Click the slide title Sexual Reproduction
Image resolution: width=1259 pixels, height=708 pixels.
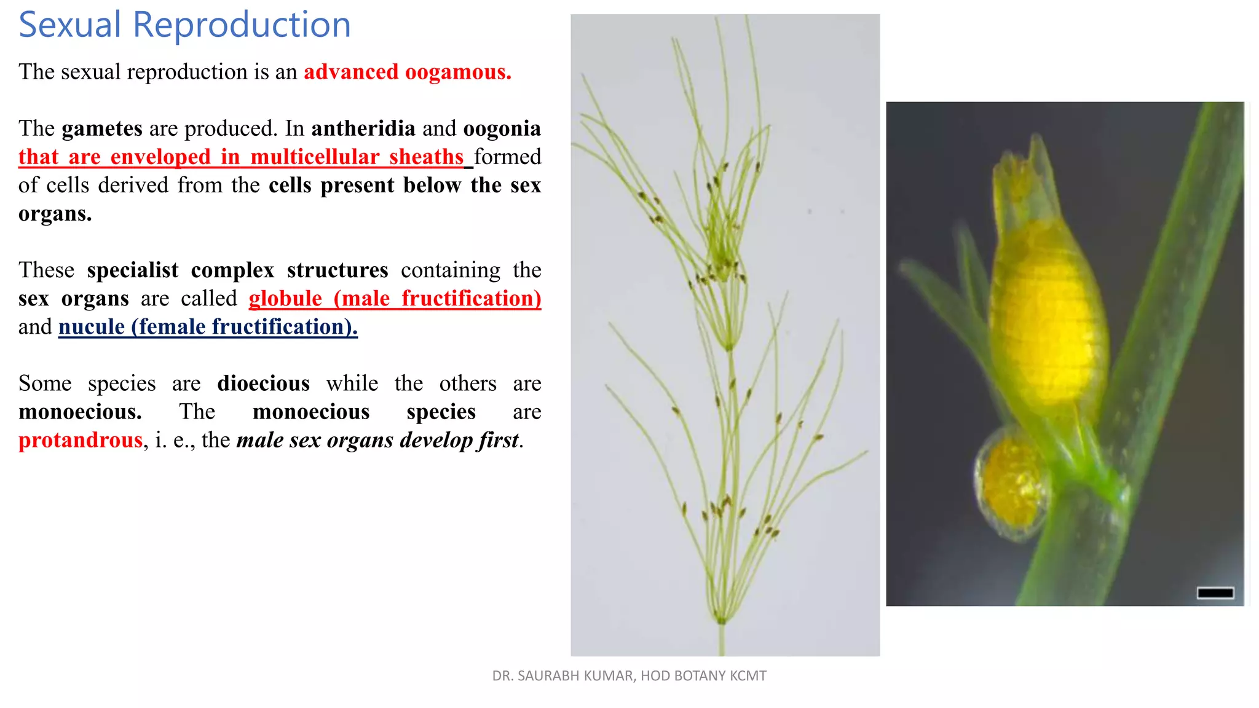[184, 25]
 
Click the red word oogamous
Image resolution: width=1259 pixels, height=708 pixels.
[458, 72]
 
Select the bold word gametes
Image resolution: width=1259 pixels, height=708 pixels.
[102, 128]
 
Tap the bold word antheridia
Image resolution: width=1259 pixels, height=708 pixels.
[363, 128]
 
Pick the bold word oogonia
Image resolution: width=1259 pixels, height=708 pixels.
[502, 128]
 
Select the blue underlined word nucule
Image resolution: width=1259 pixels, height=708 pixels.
[92, 327]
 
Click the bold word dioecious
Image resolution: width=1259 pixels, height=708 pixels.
[263, 383]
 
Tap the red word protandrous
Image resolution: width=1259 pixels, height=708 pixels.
[81, 440]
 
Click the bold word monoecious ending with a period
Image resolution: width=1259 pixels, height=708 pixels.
[81, 412]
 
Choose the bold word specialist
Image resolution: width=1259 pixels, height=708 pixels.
[133, 270]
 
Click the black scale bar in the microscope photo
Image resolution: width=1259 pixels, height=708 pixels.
[1215, 592]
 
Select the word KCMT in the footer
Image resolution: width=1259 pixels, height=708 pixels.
[748, 676]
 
